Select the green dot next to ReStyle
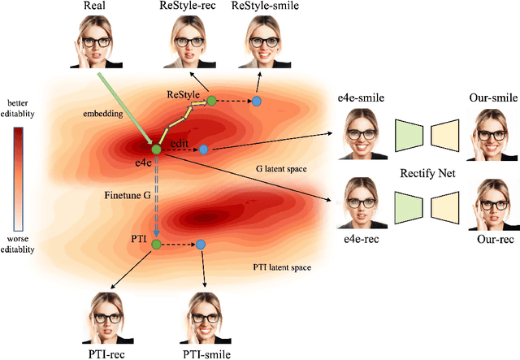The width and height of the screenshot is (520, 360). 211,101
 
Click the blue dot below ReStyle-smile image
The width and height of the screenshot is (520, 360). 256,101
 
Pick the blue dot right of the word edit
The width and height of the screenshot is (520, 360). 203,150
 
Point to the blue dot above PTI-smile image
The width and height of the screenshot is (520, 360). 201,244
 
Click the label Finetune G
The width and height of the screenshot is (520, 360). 127,196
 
